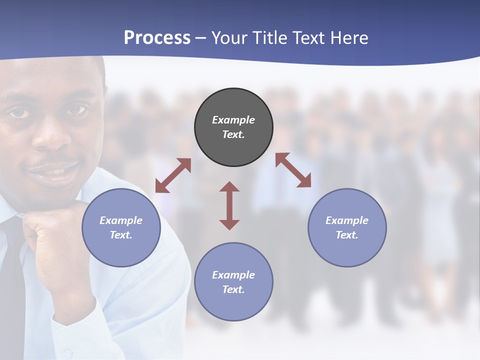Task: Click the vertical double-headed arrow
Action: [x=229, y=205]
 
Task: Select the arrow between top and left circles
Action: [x=173, y=175]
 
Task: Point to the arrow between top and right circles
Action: [x=293, y=170]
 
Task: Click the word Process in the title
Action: [x=157, y=37]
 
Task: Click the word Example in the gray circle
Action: [x=233, y=120]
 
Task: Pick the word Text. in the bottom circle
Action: [x=233, y=289]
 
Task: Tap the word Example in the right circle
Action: [x=347, y=220]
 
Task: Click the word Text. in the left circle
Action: [x=121, y=235]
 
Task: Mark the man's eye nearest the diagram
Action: [x=75, y=109]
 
